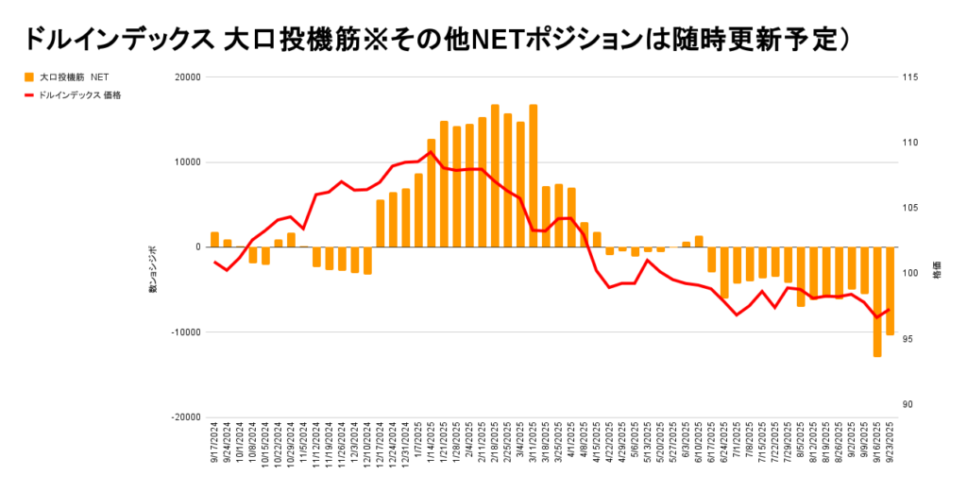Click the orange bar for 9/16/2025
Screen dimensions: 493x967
877,301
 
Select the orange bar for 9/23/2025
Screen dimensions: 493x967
890,291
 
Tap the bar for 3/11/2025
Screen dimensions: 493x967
534,176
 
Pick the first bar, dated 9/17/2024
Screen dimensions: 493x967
214,239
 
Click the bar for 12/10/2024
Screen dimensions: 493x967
367,261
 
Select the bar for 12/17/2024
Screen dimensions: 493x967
381,223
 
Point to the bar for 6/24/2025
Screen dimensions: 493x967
724,272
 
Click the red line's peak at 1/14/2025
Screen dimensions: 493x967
432,152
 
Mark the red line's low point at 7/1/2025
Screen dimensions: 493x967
737,314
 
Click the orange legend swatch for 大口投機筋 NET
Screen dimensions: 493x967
28,77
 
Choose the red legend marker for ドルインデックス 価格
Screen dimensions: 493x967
28,94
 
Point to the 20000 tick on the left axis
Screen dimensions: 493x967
187,77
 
